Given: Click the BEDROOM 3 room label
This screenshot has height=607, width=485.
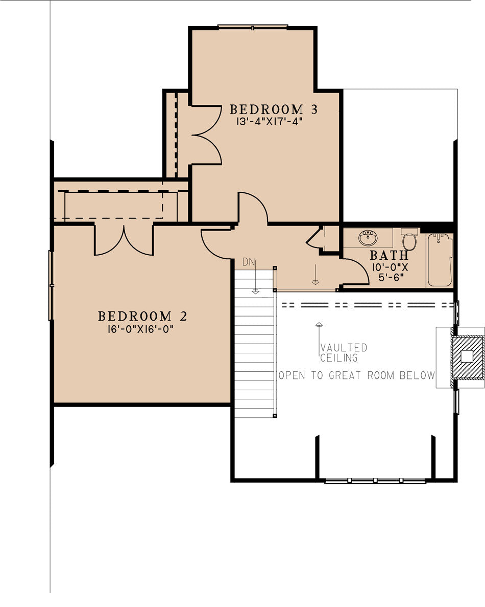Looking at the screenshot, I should pyautogui.click(x=274, y=109).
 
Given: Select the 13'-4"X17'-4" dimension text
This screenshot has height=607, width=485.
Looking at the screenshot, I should pyautogui.click(x=266, y=122).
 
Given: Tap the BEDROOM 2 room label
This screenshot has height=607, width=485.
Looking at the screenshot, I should pyautogui.click(x=142, y=316).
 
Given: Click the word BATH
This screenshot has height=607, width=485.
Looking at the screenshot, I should pyautogui.click(x=389, y=255).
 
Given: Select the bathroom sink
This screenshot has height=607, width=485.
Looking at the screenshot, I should pyautogui.click(x=368, y=238).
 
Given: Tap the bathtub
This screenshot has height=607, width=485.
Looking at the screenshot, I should pyautogui.click(x=440, y=259).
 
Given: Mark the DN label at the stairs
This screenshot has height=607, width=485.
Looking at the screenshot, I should pyautogui.click(x=249, y=262).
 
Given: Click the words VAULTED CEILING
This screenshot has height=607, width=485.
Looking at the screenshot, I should pyautogui.click(x=343, y=352).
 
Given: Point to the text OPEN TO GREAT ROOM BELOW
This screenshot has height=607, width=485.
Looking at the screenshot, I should pyautogui.click(x=356, y=375).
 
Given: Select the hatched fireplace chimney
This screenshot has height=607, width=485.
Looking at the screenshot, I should pyautogui.click(x=468, y=356).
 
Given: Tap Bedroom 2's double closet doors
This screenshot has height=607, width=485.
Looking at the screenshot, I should pyautogui.click(x=124, y=240).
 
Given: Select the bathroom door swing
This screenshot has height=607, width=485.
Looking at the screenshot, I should pyautogui.click(x=354, y=271).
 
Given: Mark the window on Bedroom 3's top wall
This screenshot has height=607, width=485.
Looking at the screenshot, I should pyautogui.click(x=253, y=27).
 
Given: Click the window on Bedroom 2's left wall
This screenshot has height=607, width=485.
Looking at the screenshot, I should pyautogui.click(x=51, y=285).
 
